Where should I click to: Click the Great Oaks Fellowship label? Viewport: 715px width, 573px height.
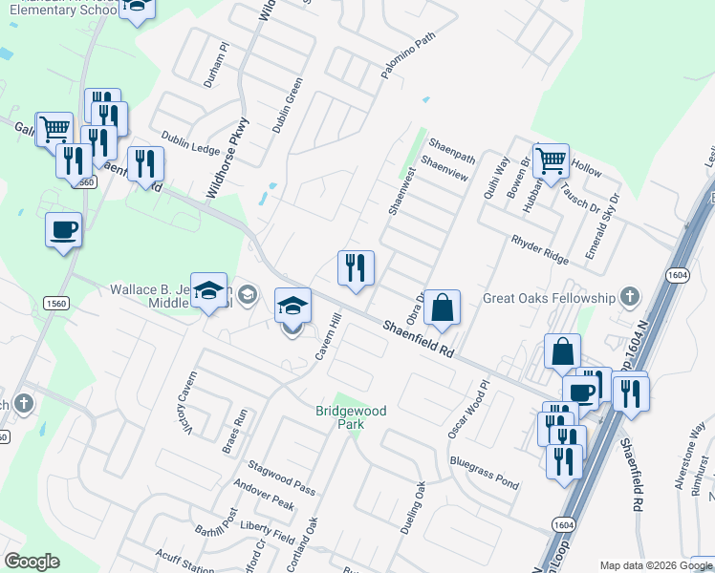tap(549, 298)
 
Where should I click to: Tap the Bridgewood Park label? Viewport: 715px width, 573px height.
tap(352, 417)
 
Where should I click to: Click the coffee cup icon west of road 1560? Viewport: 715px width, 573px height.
tap(64, 230)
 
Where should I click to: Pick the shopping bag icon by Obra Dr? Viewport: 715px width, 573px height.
tap(443, 308)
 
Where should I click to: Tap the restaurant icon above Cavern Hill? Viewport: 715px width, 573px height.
tap(356, 268)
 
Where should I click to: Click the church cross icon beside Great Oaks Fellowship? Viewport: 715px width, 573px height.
tap(629, 297)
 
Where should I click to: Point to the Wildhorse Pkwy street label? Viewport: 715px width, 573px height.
tap(227, 159)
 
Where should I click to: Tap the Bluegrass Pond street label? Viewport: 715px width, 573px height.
tap(485, 473)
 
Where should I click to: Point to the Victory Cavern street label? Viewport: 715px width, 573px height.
tap(185, 404)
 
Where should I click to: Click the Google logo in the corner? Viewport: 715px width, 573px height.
tap(32, 562)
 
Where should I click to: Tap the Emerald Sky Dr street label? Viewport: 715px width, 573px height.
tap(603, 221)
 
